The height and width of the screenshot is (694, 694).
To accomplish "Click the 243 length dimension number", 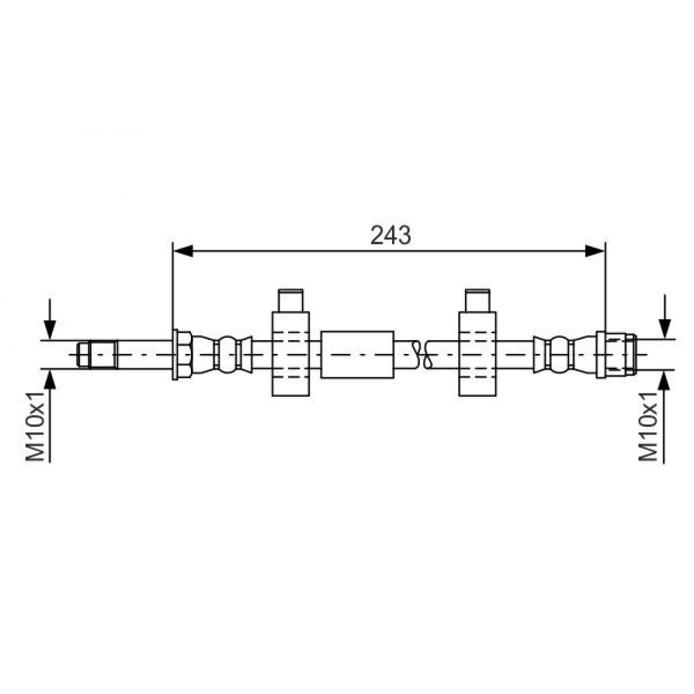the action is (390, 235).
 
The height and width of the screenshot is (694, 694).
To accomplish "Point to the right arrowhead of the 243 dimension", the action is (595, 251).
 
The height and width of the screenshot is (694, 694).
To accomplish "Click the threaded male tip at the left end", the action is (97, 354).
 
